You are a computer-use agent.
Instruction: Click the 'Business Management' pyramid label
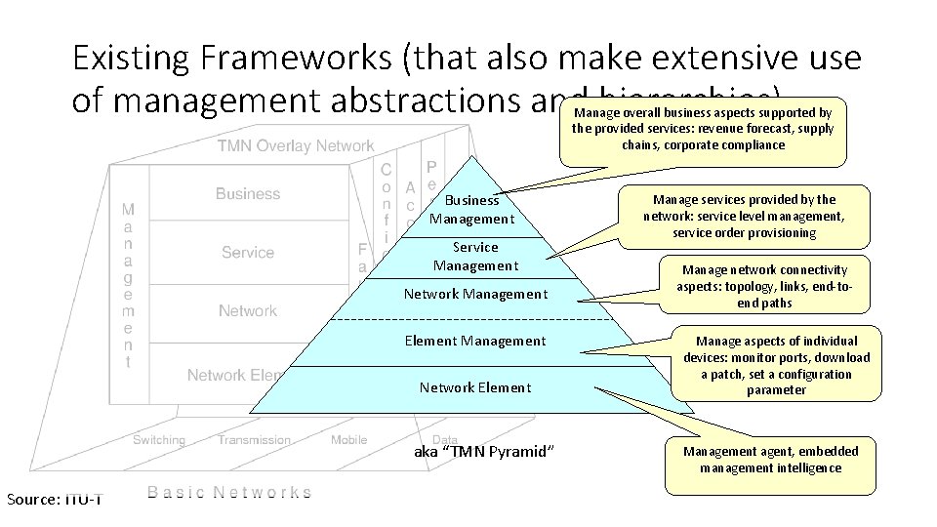pyautogui.click(x=471, y=210)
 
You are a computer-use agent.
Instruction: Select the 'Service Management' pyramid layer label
pyautogui.click(x=475, y=257)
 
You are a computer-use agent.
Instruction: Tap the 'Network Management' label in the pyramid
pyautogui.click(x=475, y=294)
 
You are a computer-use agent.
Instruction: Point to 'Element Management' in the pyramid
pyautogui.click(x=475, y=341)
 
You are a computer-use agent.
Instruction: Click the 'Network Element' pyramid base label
pyautogui.click(x=475, y=387)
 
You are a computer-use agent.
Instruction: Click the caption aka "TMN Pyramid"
pyautogui.click(x=484, y=452)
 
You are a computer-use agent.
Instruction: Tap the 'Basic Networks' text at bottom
pyautogui.click(x=231, y=493)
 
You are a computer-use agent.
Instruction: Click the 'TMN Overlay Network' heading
pyautogui.click(x=296, y=146)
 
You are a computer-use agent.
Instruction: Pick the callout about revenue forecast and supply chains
pyautogui.click(x=702, y=129)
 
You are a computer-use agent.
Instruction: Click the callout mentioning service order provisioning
pyautogui.click(x=744, y=217)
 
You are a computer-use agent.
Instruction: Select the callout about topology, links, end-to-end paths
pyautogui.click(x=764, y=286)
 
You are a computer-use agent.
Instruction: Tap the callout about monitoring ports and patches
pyautogui.click(x=776, y=365)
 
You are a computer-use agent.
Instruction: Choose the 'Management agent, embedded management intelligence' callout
pyautogui.click(x=770, y=460)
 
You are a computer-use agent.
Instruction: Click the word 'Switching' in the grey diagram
pyautogui.click(x=159, y=440)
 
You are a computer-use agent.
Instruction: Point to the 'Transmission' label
pyautogui.click(x=254, y=440)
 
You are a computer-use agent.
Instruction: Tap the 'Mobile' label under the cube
pyautogui.click(x=348, y=440)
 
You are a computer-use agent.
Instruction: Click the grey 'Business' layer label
pyautogui.click(x=248, y=194)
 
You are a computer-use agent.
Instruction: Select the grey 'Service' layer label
pyautogui.click(x=248, y=253)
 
